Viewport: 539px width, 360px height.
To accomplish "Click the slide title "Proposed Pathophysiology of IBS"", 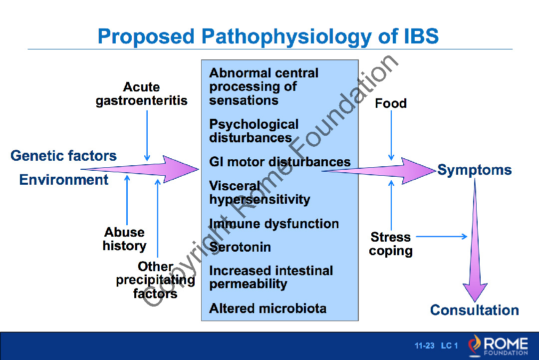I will pos(268,36).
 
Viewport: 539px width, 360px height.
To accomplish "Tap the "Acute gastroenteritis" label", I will pos(142,94).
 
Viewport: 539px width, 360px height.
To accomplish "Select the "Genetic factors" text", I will pos(63,156).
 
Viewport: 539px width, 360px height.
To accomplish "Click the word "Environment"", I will pos(64,180).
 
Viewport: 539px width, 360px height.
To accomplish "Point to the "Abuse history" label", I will pos(125,239).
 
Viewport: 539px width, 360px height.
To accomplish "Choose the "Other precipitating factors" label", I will pos(155,280).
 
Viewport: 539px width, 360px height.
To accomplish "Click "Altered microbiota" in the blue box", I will pos(268,308).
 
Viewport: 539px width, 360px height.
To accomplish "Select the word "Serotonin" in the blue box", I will pos(240,247).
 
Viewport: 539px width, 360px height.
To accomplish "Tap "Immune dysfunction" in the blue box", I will pos(273,224).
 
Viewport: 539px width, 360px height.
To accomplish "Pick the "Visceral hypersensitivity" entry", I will pos(260,193).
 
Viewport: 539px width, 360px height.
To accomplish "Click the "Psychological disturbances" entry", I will pos(254,131).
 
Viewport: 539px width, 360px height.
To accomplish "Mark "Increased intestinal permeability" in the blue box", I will pos(270,277).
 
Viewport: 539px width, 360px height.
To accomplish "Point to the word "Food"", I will pos(391,103).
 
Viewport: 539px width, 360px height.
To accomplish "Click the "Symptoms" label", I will pos(475,170).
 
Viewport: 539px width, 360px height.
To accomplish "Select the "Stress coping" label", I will pos(391,244).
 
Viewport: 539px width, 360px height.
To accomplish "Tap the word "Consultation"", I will pos(474,310).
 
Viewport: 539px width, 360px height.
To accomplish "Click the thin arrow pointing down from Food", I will pos(391,135).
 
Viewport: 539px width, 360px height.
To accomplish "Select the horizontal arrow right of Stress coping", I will pos(441,236).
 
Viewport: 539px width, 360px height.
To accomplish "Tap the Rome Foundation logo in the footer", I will pos(498,346).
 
